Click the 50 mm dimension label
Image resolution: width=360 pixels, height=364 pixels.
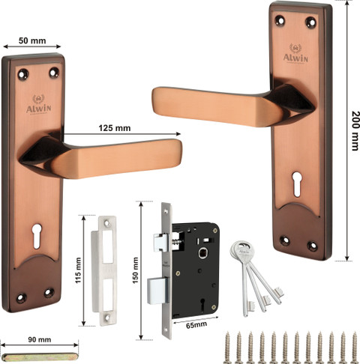pos(32,40)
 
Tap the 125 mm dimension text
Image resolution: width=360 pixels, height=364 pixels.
pos(115,128)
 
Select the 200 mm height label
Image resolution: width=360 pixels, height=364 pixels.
pos(355,130)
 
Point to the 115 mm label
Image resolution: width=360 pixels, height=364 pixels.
pos(79,270)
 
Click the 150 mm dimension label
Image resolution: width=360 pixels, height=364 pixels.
pos(135,270)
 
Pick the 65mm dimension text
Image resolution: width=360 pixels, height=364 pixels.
pos(196,325)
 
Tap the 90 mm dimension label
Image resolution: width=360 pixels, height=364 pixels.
pos(40,339)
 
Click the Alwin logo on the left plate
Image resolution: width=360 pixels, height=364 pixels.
pos(39,105)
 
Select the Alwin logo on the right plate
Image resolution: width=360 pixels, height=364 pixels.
pos(295,54)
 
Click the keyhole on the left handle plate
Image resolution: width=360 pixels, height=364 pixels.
pos(37,236)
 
